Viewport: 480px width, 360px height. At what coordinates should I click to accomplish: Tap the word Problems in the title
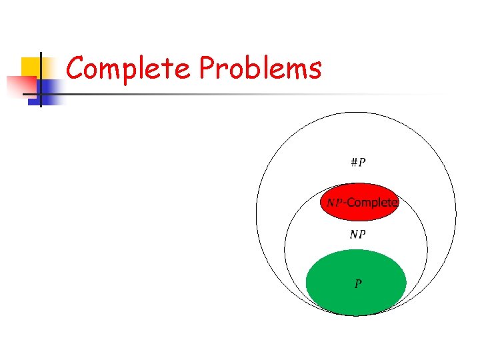coord(260,68)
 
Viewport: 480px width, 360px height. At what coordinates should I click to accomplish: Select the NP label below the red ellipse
coord(357,234)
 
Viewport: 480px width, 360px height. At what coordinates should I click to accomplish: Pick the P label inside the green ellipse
coord(358,284)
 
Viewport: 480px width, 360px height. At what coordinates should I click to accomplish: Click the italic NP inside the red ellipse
coord(335,202)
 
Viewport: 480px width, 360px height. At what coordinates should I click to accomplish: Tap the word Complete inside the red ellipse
coord(372,202)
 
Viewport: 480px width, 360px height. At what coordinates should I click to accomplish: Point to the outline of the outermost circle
coord(256,213)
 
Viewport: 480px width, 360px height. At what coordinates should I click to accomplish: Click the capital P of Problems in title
coord(207,68)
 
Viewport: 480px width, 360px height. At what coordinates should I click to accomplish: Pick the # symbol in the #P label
coord(354,162)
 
